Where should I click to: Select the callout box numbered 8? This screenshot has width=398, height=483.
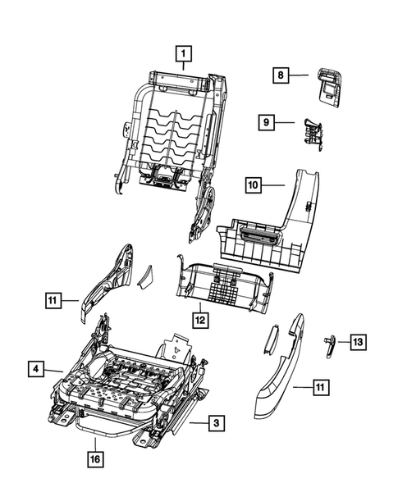pyautogui.click(x=280, y=75)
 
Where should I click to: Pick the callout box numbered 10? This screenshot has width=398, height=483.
pyautogui.click(x=254, y=186)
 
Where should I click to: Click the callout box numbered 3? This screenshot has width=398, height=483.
pyautogui.click(x=214, y=423)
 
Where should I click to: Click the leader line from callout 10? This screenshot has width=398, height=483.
pyautogui.click(x=274, y=186)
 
